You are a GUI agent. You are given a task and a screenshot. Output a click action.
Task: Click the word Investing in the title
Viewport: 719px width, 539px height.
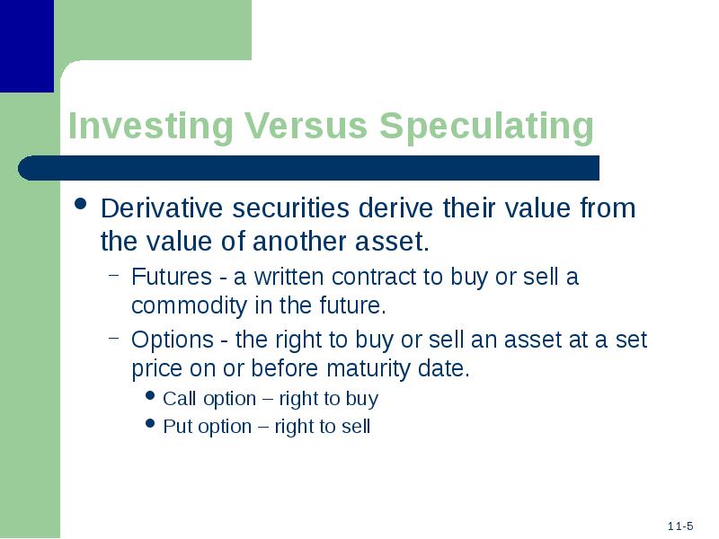[x=151, y=126]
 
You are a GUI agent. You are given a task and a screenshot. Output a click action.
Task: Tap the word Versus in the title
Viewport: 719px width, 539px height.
[x=306, y=125]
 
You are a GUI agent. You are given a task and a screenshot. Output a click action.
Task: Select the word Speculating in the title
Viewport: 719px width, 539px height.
[x=486, y=126]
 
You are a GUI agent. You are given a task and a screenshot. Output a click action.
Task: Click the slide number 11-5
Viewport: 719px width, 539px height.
[x=680, y=526]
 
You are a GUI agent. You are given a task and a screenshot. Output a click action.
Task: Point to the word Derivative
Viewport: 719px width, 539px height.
[x=162, y=208]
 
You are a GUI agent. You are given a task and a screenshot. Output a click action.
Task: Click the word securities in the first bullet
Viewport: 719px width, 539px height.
[x=291, y=208]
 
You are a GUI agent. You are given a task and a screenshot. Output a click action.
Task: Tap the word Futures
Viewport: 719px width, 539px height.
[x=172, y=277]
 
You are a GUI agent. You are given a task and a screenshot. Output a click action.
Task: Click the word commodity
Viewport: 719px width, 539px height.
[x=190, y=306]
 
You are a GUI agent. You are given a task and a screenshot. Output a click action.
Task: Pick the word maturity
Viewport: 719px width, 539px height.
[x=368, y=369]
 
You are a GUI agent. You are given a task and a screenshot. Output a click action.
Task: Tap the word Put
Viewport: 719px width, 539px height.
[x=177, y=426]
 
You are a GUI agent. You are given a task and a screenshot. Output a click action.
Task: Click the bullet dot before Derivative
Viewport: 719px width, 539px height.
[x=81, y=204]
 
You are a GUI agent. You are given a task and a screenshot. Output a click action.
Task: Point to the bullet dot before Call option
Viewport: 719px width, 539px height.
[x=150, y=395]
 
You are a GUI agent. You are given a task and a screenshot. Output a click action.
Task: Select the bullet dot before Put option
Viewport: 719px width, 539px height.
[x=150, y=422]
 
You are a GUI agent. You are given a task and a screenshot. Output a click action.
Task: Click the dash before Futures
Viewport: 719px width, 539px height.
[x=114, y=276]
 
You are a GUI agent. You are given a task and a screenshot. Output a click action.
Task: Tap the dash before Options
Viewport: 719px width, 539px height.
[x=114, y=339]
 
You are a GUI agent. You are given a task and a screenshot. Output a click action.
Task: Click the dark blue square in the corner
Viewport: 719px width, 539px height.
[x=27, y=46]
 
